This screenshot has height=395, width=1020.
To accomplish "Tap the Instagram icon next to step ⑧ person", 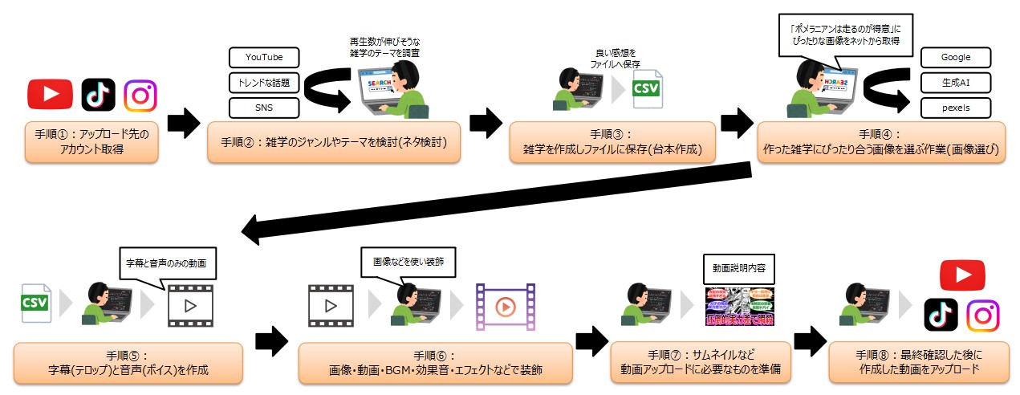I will click(982, 316).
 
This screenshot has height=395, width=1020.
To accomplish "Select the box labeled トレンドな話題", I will click(264, 82).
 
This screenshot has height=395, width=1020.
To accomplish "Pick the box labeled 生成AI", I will click(956, 82).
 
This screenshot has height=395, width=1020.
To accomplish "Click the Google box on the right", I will click(956, 58).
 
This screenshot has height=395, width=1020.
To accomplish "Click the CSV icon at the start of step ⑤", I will click(36, 303).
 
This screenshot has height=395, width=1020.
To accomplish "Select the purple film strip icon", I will click(504, 306).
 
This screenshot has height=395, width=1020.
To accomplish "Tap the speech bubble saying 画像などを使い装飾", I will click(408, 261).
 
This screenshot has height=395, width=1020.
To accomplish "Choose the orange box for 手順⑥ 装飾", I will click(435, 363).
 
